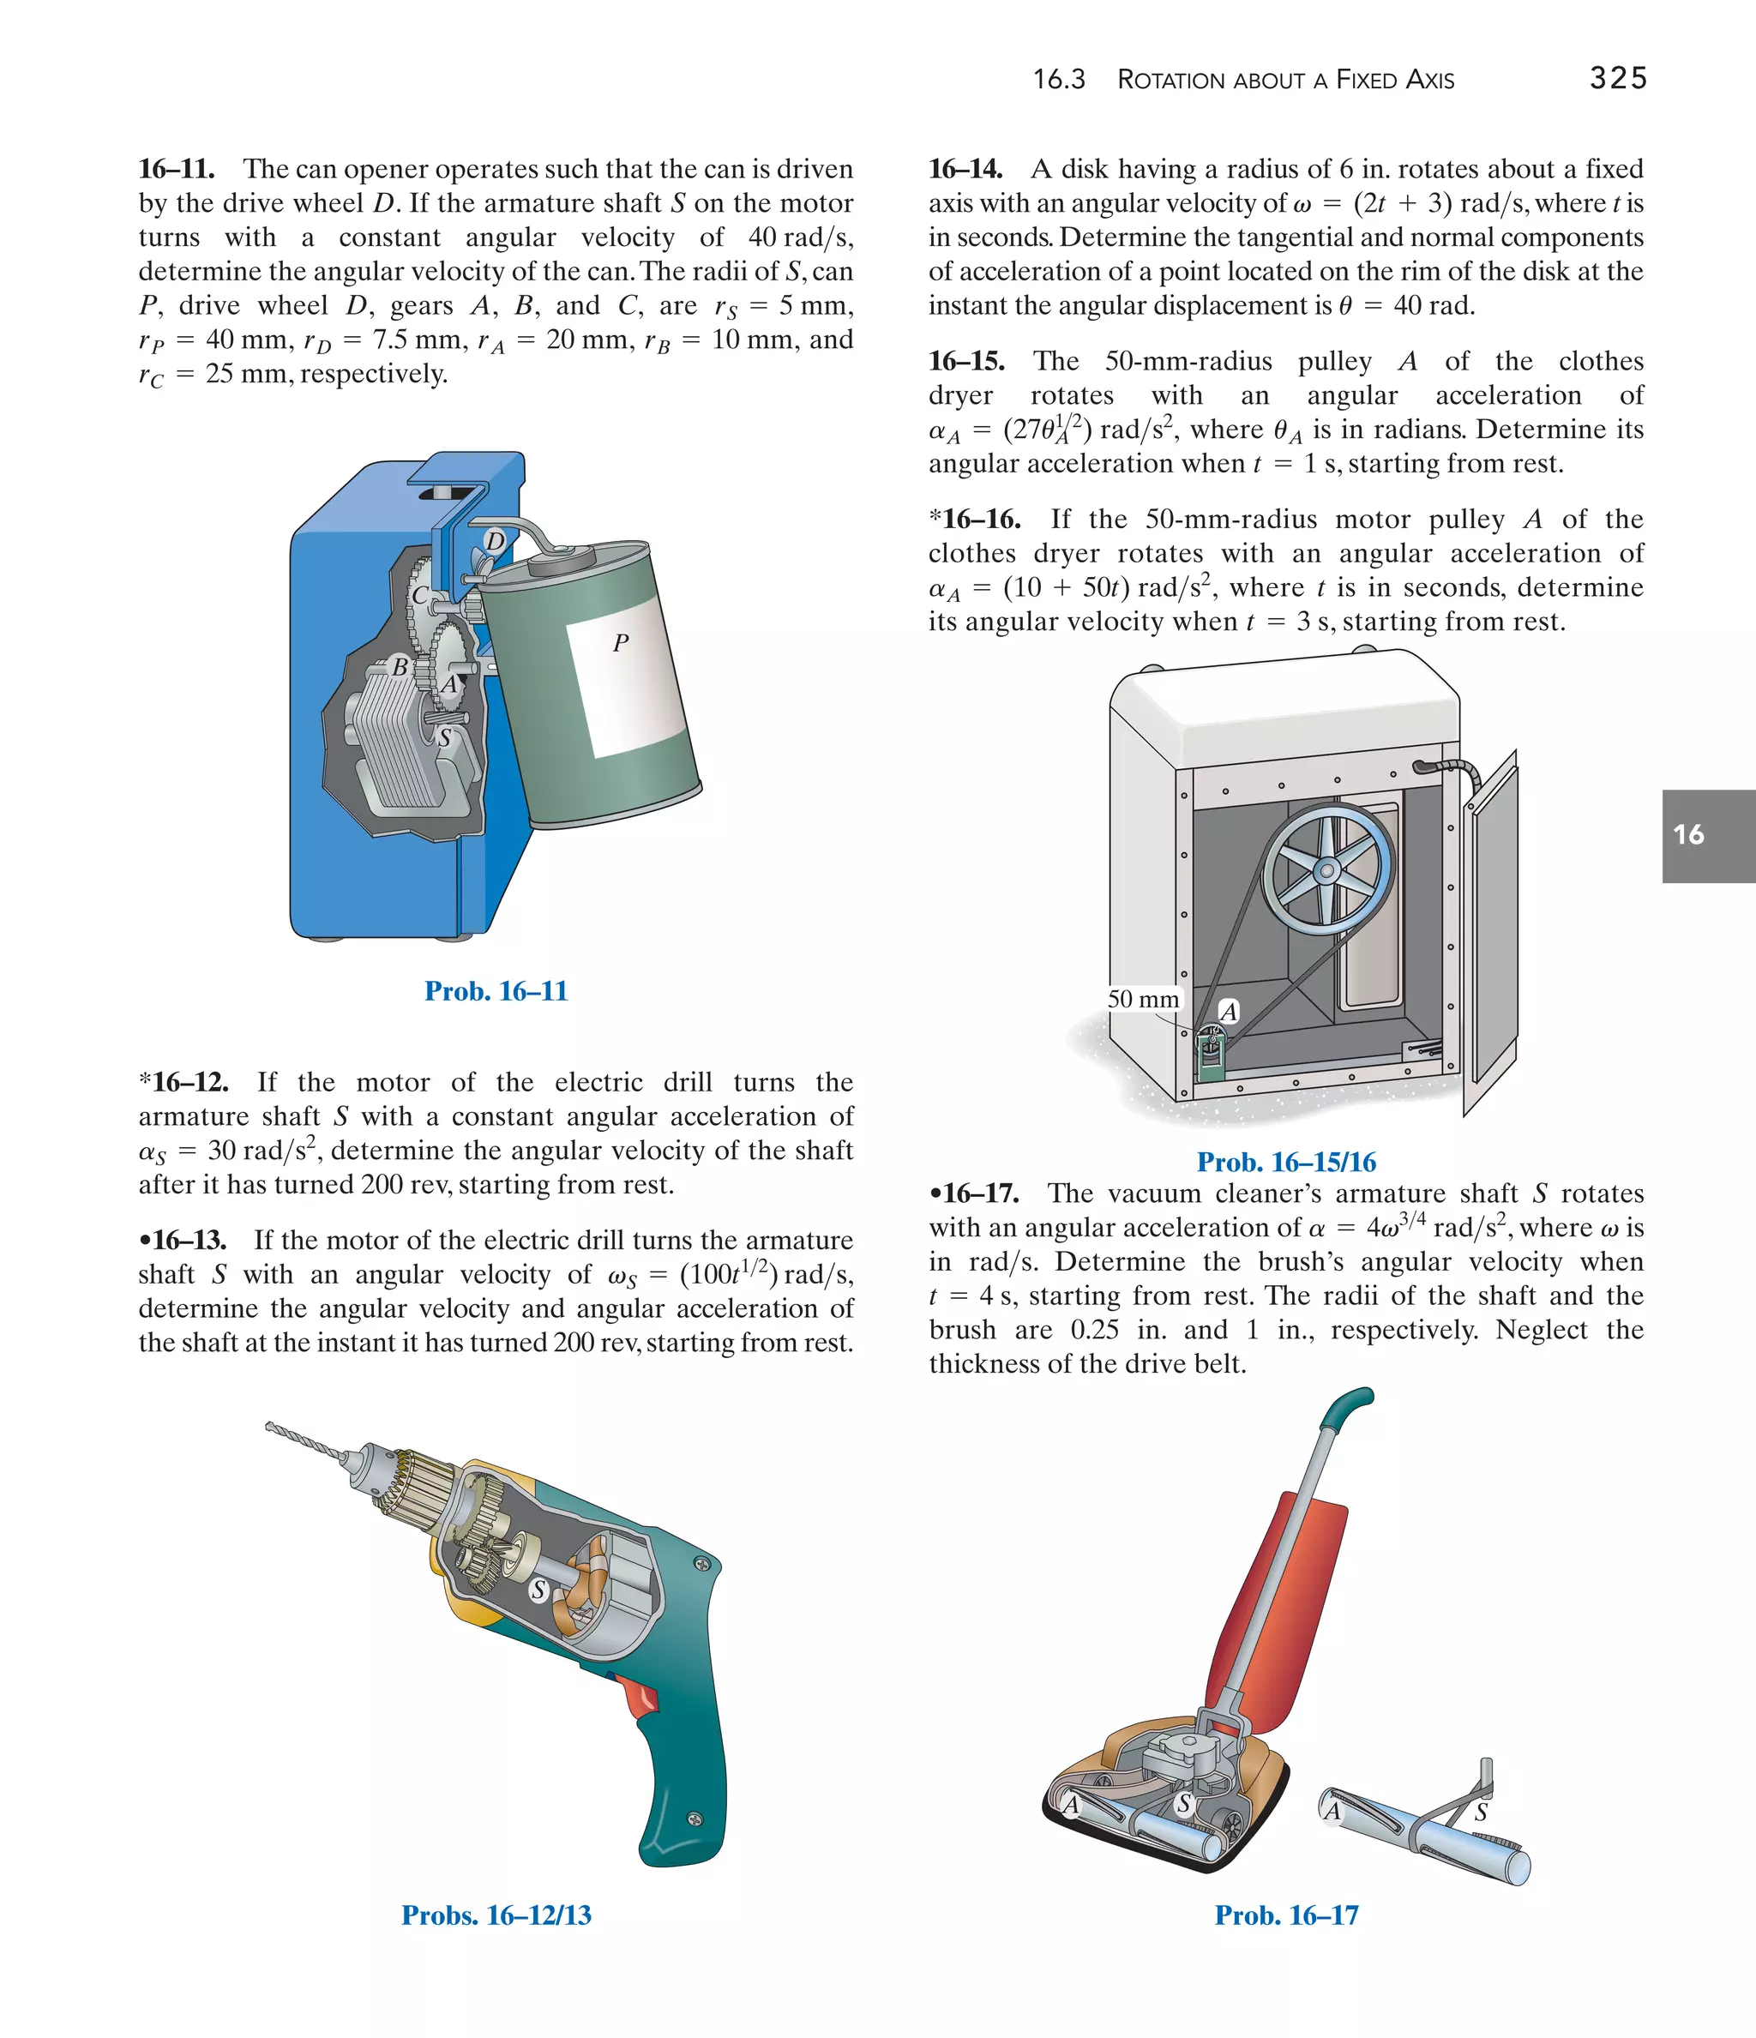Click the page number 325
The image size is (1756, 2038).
[x=1617, y=78]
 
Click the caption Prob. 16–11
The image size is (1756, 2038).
[x=496, y=990]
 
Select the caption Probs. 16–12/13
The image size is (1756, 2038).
[x=496, y=1915]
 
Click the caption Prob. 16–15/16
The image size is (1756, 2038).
[x=1286, y=1162]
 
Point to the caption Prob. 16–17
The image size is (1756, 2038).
[x=1286, y=1915]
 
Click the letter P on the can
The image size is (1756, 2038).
[x=620, y=643]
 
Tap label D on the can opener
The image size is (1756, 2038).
[x=495, y=541]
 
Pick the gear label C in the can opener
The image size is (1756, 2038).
[x=420, y=595]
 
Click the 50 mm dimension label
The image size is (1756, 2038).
[x=1142, y=1000]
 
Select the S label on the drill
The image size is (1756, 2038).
[x=538, y=1590]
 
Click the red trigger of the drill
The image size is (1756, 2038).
[x=642, y=1698]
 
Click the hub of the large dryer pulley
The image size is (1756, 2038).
[x=1326, y=870]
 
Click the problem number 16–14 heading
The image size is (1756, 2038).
[x=965, y=169]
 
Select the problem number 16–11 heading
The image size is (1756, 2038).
[x=176, y=169]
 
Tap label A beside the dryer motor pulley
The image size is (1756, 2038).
[x=1229, y=1011]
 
